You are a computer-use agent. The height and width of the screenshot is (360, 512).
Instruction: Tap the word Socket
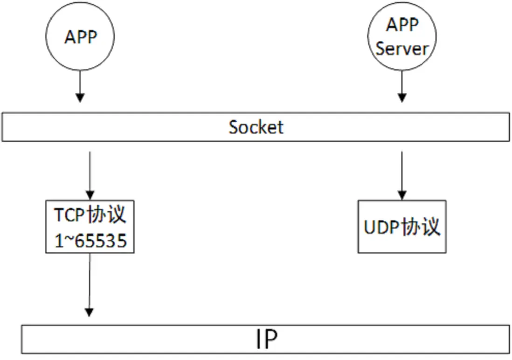(256, 127)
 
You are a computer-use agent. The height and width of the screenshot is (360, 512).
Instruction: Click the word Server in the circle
(402, 48)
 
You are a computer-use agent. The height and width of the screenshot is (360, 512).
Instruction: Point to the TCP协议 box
(90, 227)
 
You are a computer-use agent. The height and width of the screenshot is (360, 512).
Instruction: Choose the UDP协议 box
(402, 227)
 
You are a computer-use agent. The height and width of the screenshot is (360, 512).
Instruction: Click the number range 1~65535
(90, 241)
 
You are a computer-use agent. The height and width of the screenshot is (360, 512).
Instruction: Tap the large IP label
(266, 339)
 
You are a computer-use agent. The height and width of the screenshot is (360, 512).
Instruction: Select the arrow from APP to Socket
(80, 86)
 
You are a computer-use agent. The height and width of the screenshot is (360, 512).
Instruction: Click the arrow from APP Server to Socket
(402, 86)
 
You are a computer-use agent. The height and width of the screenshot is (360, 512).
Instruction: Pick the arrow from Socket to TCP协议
(90, 173)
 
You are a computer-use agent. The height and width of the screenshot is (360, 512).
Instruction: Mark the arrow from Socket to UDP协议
(402, 173)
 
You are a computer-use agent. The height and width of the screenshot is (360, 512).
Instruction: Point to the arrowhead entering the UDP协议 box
(402, 195)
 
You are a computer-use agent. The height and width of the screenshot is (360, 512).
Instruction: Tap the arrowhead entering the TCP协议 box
(90, 195)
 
